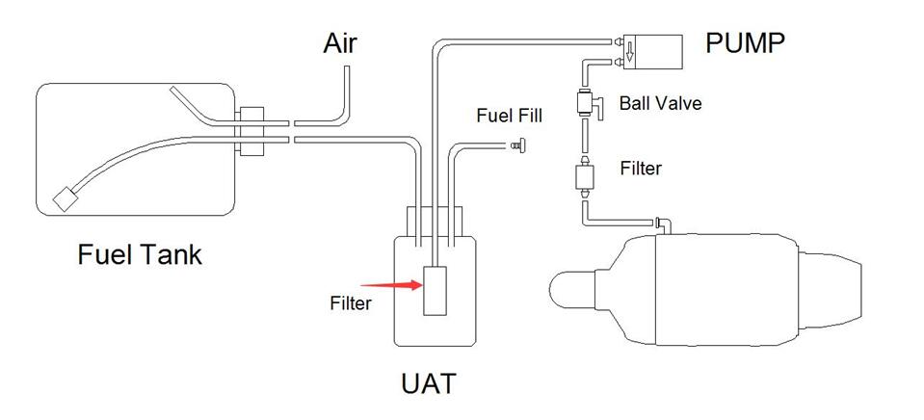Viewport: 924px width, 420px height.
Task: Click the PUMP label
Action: pos(746,42)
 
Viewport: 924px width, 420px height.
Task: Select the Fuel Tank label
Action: pos(141,254)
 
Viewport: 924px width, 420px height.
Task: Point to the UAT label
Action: pos(428,383)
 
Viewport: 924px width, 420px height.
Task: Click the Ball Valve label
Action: pos(660,103)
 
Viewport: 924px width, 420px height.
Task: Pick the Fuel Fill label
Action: pos(510,116)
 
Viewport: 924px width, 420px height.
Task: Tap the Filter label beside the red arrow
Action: pos(351,302)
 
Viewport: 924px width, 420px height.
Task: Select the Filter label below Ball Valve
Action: pos(641,169)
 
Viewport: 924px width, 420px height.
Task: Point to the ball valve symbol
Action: pos(585,102)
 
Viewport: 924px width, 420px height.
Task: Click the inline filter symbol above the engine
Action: pos(585,177)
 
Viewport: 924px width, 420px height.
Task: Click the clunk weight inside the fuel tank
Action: pos(66,199)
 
